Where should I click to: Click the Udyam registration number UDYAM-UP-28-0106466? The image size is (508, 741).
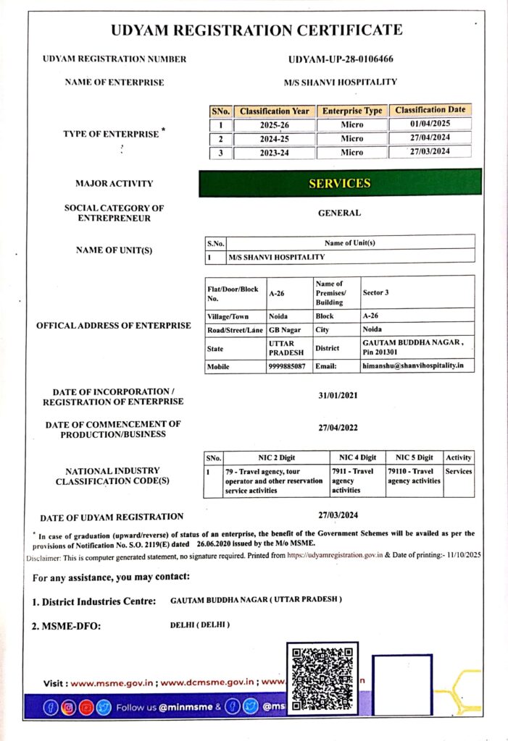coord(340,59)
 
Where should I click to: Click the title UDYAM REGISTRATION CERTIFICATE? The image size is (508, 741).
coord(257,30)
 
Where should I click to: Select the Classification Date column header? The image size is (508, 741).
coord(430,110)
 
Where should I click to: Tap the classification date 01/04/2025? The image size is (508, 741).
coord(430,124)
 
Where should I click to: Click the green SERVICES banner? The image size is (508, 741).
coord(340,183)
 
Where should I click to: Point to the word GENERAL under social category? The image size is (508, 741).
coord(339,213)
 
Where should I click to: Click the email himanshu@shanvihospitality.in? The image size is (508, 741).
coord(412,366)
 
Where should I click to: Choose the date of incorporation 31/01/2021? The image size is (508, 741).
coord(338,396)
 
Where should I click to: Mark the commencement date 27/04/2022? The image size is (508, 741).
coord(338,428)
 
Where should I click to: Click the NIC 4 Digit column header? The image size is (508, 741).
coord(357,457)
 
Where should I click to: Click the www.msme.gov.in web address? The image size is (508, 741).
coord(113,682)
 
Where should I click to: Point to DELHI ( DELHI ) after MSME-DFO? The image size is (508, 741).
coord(195,624)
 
